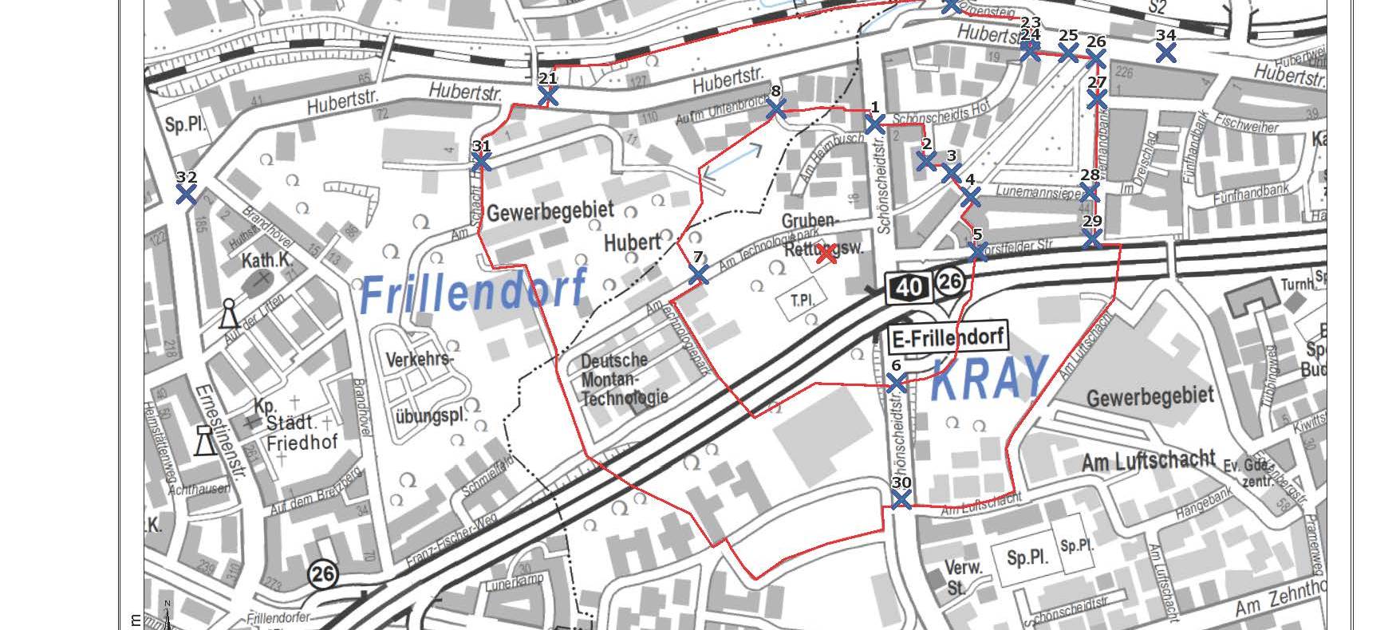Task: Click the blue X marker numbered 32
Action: [x=186, y=194]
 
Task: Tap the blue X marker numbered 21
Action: [x=547, y=96]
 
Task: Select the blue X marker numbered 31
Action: [x=481, y=162]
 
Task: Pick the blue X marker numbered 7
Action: [x=698, y=274]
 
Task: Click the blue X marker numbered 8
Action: [x=775, y=108]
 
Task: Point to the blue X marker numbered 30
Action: [x=901, y=499]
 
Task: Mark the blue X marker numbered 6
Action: [x=896, y=384]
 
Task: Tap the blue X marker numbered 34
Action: [x=1165, y=53]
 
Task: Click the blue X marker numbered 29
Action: [x=1092, y=238]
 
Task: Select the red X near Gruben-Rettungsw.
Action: [x=826, y=254]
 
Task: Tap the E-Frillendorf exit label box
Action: [x=948, y=337]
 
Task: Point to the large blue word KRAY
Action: [x=988, y=377]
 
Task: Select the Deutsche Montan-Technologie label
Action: [x=625, y=378]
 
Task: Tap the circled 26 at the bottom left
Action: [x=323, y=575]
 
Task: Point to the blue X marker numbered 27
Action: [x=1097, y=99]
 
